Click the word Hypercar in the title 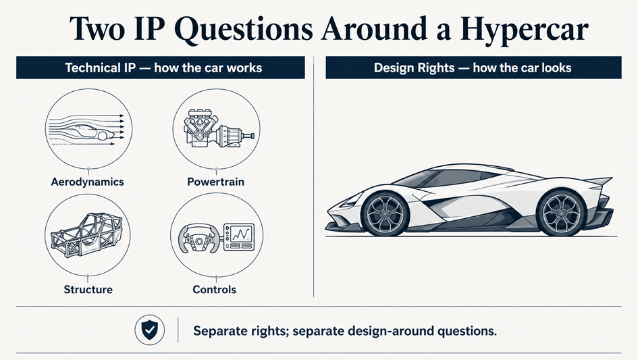click(x=524, y=29)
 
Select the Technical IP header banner click(x=160, y=68)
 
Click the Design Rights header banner click(x=473, y=68)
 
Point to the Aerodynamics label click(x=88, y=182)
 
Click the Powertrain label click(x=215, y=182)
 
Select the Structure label click(x=88, y=290)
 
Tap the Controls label click(x=215, y=290)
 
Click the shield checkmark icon click(x=150, y=330)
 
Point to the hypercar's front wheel click(x=385, y=214)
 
